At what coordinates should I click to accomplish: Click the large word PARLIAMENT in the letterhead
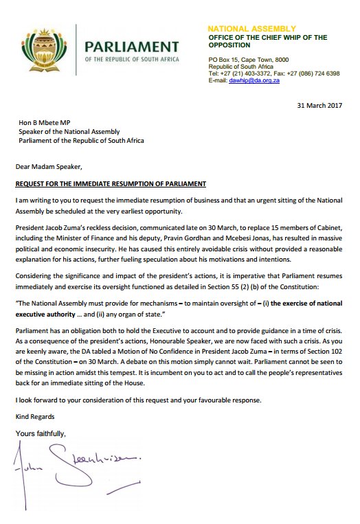(127, 46)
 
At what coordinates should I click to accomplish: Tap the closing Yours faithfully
(40, 433)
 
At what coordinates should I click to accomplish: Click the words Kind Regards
(35, 417)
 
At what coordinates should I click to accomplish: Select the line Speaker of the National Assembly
(69, 133)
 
